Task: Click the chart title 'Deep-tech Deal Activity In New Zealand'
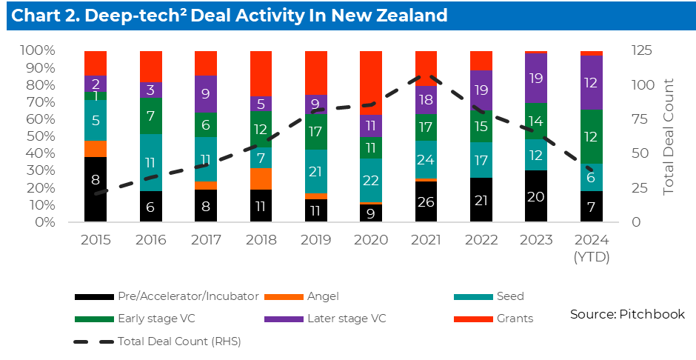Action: pos(230,16)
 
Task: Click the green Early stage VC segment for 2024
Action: pos(592,136)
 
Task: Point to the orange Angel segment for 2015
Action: pos(96,148)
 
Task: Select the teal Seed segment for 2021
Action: pos(426,159)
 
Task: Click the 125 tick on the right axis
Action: pos(641,50)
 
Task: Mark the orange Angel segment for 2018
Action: pos(261,179)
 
